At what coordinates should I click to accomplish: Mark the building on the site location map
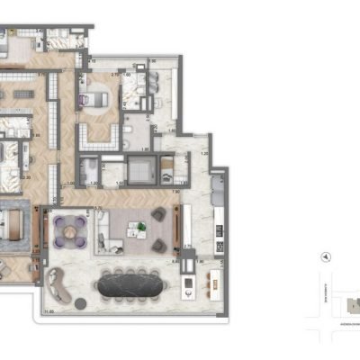tap(349, 306)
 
